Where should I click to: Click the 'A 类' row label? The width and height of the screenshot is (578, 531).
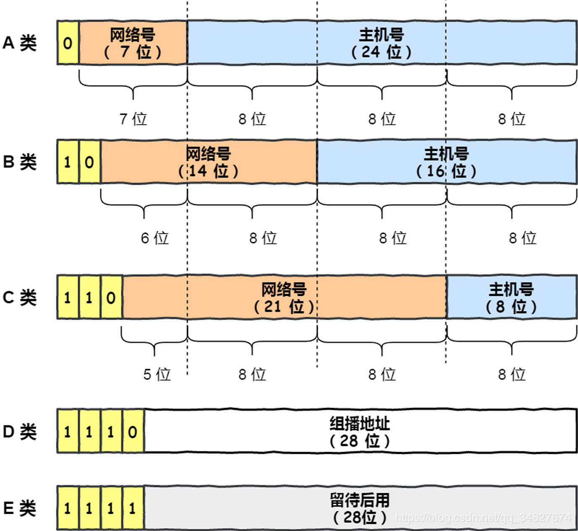pyautogui.click(x=19, y=43)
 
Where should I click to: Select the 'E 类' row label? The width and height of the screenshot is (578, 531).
pyautogui.click(x=19, y=508)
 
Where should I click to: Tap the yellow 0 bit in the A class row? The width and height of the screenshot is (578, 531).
pyautogui.click(x=68, y=43)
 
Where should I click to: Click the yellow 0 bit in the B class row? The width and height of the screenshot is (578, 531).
pyautogui.click(x=89, y=162)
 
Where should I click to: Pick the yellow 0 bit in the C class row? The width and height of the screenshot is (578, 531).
pyautogui.click(x=111, y=298)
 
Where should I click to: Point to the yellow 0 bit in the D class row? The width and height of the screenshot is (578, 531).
pyautogui.click(x=133, y=432)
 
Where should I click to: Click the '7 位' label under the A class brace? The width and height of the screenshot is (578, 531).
pyautogui.click(x=133, y=119)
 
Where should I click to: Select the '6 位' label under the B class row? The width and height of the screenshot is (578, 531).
pyautogui.click(x=154, y=238)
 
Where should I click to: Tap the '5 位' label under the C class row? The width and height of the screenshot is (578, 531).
pyautogui.click(x=157, y=374)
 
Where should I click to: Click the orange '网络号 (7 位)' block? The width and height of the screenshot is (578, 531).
pyautogui.click(x=133, y=43)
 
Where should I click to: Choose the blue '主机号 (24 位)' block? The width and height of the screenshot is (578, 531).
pyautogui.click(x=381, y=43)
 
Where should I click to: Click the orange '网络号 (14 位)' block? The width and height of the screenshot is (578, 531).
pyautogui.click(x=208, y=162)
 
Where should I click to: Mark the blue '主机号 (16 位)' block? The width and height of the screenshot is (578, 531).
pyautogui.click(x=446, y=162)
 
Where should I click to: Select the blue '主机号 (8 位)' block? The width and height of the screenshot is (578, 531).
pyautogui.click(x=511, y=298)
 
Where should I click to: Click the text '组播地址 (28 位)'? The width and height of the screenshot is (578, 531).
pyautogui.click(x=360, y=432)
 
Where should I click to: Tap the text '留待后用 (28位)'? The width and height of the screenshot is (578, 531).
pyautogui.click(x=360, y=508)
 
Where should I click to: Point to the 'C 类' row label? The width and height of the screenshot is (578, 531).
pyautogui.click(x=19, y=298)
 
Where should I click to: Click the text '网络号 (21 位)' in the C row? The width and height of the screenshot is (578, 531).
pyautogui.click(x=284, y=298)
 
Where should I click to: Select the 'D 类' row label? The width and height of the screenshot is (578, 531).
pyautogui.click(x=19, y=432)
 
